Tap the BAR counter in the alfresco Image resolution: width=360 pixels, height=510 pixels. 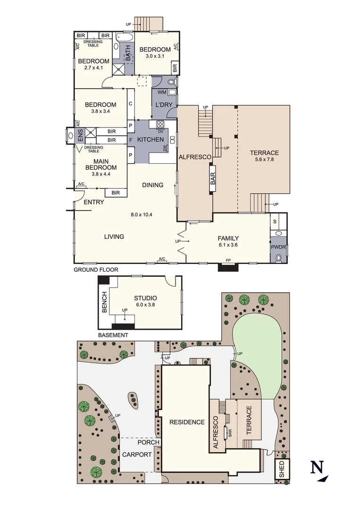click(213, 178)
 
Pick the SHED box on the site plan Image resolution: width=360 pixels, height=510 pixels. click(282, 469)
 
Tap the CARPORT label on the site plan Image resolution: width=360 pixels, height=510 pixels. click(137, 455)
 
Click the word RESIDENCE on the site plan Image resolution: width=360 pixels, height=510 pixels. click(187, 422)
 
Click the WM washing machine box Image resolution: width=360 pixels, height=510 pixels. click(161, 92)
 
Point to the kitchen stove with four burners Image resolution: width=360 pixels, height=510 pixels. click(159, 125)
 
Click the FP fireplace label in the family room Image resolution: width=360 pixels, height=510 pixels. click(228, 260)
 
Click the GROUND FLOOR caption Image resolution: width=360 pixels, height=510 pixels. click(96, 270)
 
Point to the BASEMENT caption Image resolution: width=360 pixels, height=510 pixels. click(113, 335)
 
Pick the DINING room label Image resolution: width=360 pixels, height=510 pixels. click(152, 185)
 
